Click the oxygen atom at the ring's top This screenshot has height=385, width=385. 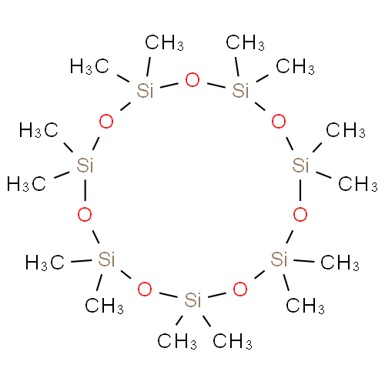pyautogui.click(x=192, y=80)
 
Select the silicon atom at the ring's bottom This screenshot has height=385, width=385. pyautogui.click(x=192, y=300)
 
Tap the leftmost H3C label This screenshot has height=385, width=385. pyautogui.click(x=26, y=184)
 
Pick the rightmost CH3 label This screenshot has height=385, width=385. pyautogui.click(x=358, y=184)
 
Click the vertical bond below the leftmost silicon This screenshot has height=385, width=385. pyautogui.click(x=85, y=190)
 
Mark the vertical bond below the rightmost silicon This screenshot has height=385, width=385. pyautogui.click(x=300, y=190)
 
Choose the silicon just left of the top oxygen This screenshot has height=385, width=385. pyautogui.click(x=145, y=90)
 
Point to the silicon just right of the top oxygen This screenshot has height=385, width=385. pyautogui.click(x=240, y=90)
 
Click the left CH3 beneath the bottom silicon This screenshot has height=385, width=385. pyautogui.click(x=177, y=341)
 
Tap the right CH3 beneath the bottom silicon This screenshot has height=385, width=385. pyautogui.click(x=233, y=341)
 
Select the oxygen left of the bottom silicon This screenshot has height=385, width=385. pyautogui.click(x=145, y=290)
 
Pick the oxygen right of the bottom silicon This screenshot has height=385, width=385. pyautogui.click(x=240, y=290)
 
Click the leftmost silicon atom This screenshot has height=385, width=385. pyautogui.click(x=85, y=166)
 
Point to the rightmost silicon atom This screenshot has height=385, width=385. pyautogui.click(x=300, y=166)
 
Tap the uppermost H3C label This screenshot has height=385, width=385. pyautogui.click(x=89, y=66)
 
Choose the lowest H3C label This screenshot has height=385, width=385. pyautogui.click(x=45, y=263)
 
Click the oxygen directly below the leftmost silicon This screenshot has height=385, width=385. pyautogui.click(x=85, y=215)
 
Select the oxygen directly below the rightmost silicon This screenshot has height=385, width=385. pyautogui.click(x=300, y=215)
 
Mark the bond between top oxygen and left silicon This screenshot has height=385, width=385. pyautogui.click(x=169, y=85)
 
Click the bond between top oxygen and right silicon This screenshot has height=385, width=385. pyautogui.click(x=216, y=85)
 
